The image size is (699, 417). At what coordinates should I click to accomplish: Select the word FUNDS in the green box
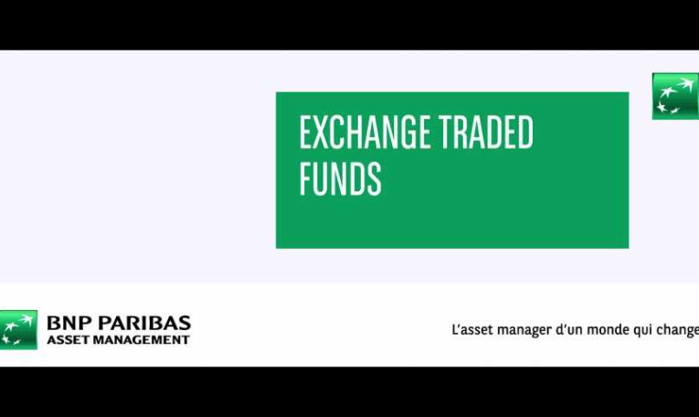[x=340, y=179]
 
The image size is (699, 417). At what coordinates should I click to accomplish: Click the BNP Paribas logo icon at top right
[x=675, y=96]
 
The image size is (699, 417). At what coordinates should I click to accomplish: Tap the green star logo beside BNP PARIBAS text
[x=18, y=329]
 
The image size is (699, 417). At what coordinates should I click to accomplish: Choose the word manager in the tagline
[x=524, y=331]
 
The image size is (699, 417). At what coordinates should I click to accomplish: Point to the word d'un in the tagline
[x=569, y=330]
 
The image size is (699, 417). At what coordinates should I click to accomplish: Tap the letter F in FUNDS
[x=305, y=179]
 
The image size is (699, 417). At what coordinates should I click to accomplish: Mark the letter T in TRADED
[x=447, y=132]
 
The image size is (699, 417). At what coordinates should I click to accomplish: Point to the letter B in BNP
[x=54, y=323]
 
